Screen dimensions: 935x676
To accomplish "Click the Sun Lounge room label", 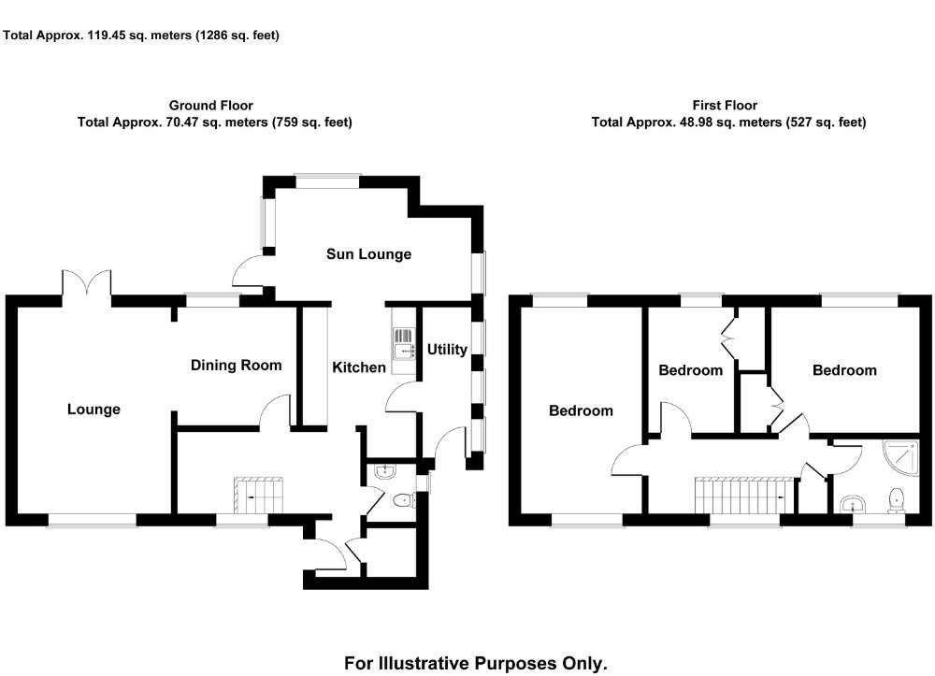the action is (x=368, y=254).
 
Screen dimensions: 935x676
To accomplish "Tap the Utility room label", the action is (x=447, y=350).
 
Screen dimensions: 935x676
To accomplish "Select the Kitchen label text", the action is (x=359, y=367).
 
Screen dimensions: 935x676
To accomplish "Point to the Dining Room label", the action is (x=236, y=365).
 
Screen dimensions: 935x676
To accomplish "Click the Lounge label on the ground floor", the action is (x=93, y=409).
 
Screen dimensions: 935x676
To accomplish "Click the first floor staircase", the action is (x=743, y=495).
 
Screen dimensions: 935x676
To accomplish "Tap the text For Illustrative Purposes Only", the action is (x=476, y=664).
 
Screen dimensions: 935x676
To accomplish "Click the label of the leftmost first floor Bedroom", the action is (x=581, y=410).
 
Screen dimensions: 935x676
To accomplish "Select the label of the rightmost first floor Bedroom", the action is (x=844, y=370).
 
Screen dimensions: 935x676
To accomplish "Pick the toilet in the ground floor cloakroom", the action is (x=403, y=500).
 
